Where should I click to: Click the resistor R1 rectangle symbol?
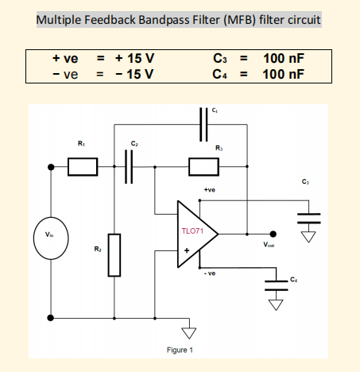pyautogui.click(x=83, y=167)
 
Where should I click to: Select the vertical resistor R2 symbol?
pyautogui.click(x=115, y=255)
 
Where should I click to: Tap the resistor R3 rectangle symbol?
pyautogui.click(x=203, y=167)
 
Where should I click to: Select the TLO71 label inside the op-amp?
pyautogui.click(x=194, y=231)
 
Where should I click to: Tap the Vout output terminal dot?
pyautogui.click(x=273, y=234)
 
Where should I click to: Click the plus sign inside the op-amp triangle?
pyautogui.click(x=187, y=251)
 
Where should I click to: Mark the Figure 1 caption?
pyautogui.click(x=180, y=350)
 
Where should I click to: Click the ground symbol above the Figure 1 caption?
pyautogui.click(x=188, y=329)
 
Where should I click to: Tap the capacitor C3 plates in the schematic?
pyautogui.click(x=310, y=216)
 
